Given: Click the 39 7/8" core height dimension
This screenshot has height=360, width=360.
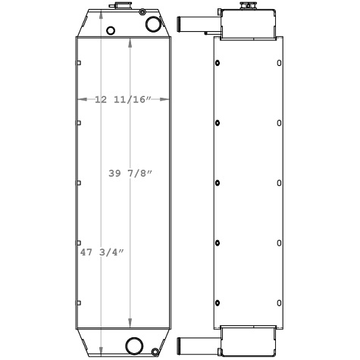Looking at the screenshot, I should click(131, 174).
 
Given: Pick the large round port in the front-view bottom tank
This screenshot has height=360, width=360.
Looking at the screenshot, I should click(135, 344).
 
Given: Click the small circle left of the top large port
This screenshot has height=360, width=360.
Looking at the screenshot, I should click(111, 30).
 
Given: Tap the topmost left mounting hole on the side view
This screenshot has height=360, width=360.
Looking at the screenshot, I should click(218, 62).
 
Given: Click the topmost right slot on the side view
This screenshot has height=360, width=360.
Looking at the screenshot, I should click(280, 62).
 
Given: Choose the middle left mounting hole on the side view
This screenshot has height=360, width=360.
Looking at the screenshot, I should click(218, 183).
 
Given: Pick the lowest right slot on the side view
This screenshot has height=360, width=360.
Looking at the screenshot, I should click(280, 302).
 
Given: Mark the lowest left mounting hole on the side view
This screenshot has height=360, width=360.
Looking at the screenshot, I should click(218, 302).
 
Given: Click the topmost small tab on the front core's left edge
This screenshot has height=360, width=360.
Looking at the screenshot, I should click(77, 63).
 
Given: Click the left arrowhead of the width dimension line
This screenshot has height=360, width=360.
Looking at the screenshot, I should click(79, 99).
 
